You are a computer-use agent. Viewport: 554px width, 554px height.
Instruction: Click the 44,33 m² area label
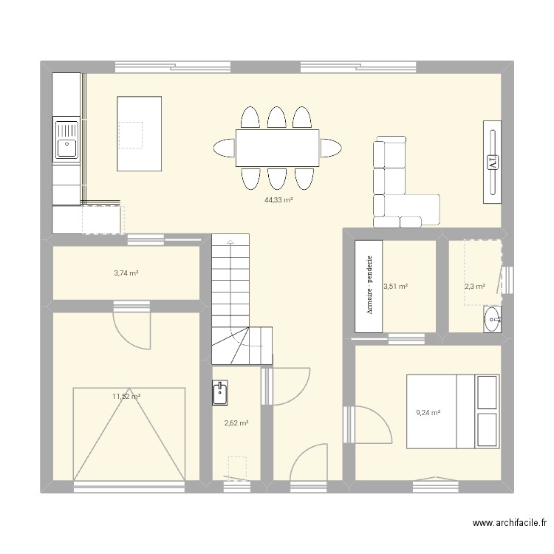[x=278, y=199]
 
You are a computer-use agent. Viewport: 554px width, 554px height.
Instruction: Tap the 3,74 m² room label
[x=126, y=273]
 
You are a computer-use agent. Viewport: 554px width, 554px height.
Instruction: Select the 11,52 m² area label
[x=126, y=397]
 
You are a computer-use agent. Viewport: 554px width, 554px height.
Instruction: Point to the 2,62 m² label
[x=236, y=423]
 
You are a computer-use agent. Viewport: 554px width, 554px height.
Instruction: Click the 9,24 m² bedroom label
[x=428, y=413]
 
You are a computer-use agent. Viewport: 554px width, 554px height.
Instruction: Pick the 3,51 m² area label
[x=396, y=286]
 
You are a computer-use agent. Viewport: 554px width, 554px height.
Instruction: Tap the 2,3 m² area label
[x=474, y=287]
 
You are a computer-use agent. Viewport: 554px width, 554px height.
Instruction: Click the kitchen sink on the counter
[x=66, y=140]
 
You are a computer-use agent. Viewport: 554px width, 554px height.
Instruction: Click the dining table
[x=277, y=148]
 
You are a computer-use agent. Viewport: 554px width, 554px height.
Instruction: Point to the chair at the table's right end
[x=331, y=148]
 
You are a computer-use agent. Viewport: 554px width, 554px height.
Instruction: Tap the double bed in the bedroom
[x=451, y=411]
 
